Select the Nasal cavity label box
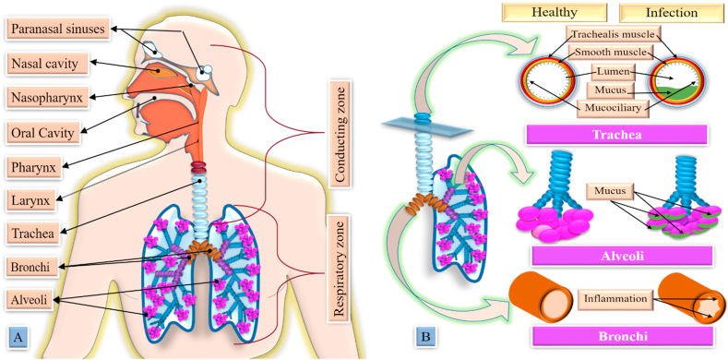coord(49,64)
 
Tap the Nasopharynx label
coord(51,97)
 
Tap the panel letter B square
coord(424,337)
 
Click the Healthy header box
coord(555,14)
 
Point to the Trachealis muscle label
coord(613,34)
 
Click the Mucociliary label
coord(613,108)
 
